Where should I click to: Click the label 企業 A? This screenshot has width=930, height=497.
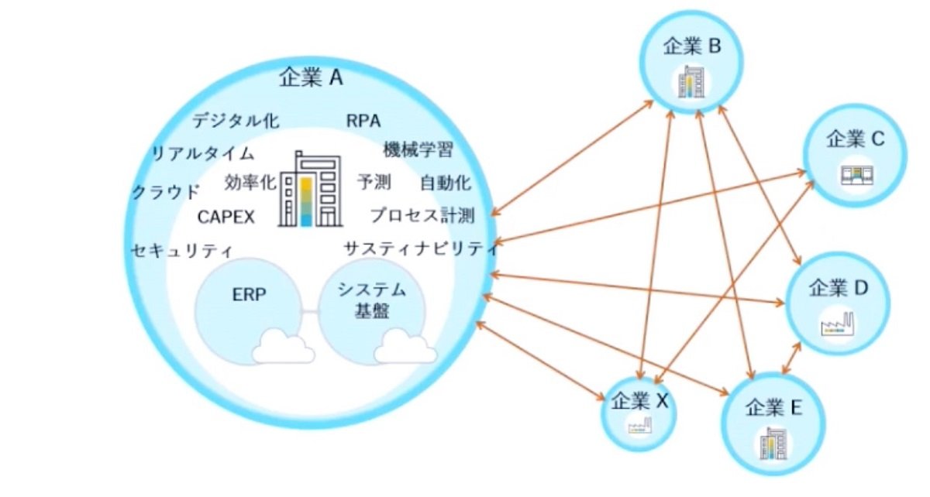point(311,77)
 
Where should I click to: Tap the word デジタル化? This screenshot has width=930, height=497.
point(236,121)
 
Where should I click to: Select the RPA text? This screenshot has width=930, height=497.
point(363,121)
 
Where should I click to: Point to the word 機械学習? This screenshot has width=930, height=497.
point(418,149)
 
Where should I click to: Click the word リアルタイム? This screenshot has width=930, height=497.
point(203,153)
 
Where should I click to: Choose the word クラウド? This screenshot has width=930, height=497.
point(166,192)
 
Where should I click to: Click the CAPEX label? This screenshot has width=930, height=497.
point(226,217)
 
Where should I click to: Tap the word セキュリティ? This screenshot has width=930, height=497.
point(182,250)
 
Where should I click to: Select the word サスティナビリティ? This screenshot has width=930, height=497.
point(421,248)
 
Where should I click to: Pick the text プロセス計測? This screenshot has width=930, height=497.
point(422,215)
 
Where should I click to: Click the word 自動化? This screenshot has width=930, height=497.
point(446,183)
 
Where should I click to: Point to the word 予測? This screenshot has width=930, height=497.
point(374,182)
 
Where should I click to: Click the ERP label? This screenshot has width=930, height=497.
point(249,294)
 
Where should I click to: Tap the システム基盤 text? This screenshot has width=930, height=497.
point(372,300)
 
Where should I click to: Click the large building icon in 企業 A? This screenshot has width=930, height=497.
point(311,189)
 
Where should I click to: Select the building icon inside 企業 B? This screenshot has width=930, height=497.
point(691,82)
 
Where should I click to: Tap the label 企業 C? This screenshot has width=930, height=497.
point(856,139)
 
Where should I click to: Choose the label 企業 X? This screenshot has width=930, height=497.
point(640,401)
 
